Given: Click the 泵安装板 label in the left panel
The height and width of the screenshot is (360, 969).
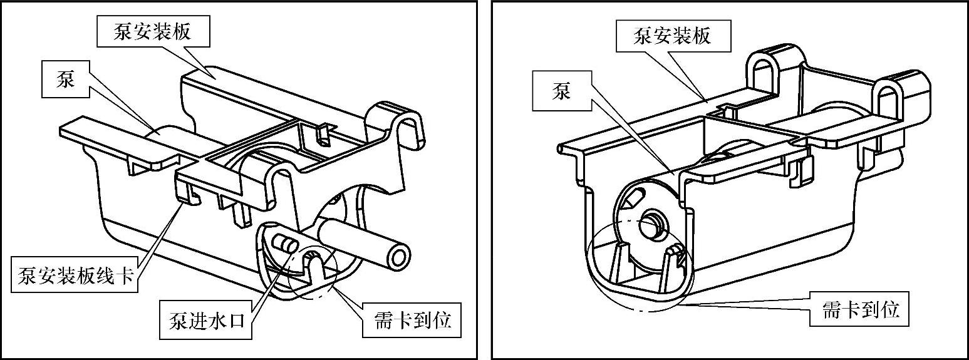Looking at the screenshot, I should tap(152, 33).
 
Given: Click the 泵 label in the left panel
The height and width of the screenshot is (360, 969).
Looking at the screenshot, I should tap(66, 80).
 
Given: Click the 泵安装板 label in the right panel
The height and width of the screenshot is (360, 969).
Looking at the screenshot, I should tap(672, 36).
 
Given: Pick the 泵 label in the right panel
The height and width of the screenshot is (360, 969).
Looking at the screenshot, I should tap(561, 92).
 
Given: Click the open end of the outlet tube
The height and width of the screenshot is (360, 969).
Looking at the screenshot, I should tap(400, 257).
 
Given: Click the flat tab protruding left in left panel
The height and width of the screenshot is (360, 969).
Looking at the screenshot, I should tap(94, 135).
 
